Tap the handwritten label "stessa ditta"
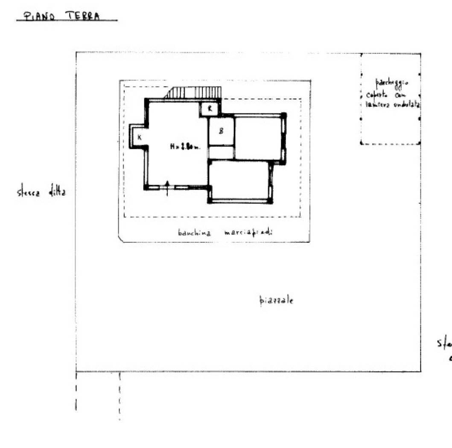click(41, 192)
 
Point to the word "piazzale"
click(277, 300)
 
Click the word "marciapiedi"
click(248, 233)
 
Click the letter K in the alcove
click(140, 137)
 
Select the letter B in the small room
click(221, 131)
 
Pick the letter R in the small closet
click(210, 109)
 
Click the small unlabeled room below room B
click(221, 152)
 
